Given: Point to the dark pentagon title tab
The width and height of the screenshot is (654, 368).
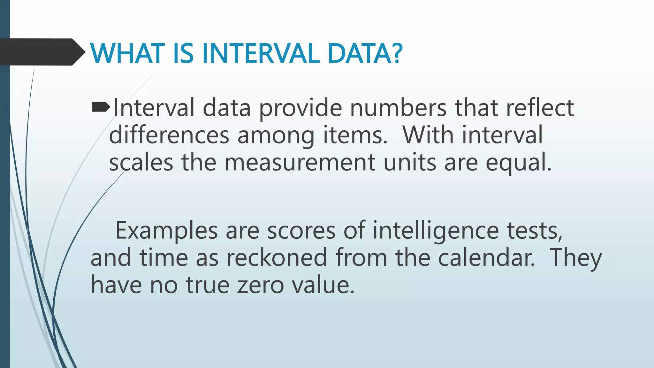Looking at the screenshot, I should point(42,52).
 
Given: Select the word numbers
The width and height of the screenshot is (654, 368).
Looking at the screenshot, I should point(398,108).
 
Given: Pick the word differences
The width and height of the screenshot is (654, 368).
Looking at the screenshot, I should point(169,135).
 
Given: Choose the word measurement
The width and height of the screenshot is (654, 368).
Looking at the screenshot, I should point(300,163).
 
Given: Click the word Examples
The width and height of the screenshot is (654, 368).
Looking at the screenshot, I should point(166,231).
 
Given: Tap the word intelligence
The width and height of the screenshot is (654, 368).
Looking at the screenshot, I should point(436,231).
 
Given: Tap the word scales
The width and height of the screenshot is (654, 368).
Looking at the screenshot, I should point(141,163).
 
